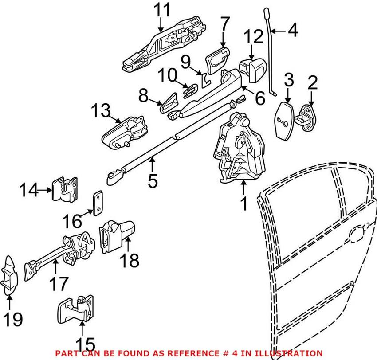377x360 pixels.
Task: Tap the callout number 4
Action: pyautogui.click(x=293, y=31)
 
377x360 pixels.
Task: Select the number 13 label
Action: pyautogui.click(x=101, y=111)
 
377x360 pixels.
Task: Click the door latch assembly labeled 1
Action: pyautogui.click(x=239, y=149)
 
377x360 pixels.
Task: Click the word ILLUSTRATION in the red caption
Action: pyautogui.click(x=284, y=353)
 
